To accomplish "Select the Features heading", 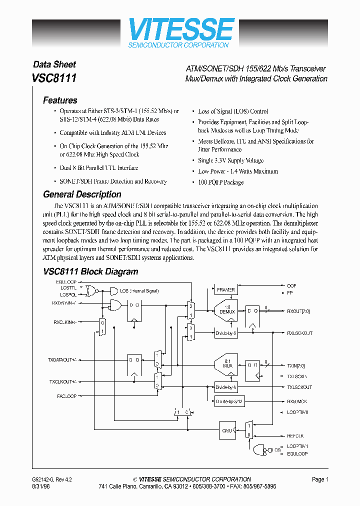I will coord(60,100).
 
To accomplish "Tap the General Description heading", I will coord(82,194).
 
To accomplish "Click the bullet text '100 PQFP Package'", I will coord(220,182).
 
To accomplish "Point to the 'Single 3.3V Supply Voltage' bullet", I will coord(230,160).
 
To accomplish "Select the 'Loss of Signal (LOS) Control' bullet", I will coord(232,111).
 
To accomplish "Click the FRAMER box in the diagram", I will coord(225,289).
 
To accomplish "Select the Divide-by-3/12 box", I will coord(229,401).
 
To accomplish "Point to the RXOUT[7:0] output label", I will coord(298,311).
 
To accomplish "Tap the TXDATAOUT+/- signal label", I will coord(62,359).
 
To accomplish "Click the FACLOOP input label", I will coord(66,396).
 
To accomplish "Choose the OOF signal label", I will coord(291,285).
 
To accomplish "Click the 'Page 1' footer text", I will coord(320,479).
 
